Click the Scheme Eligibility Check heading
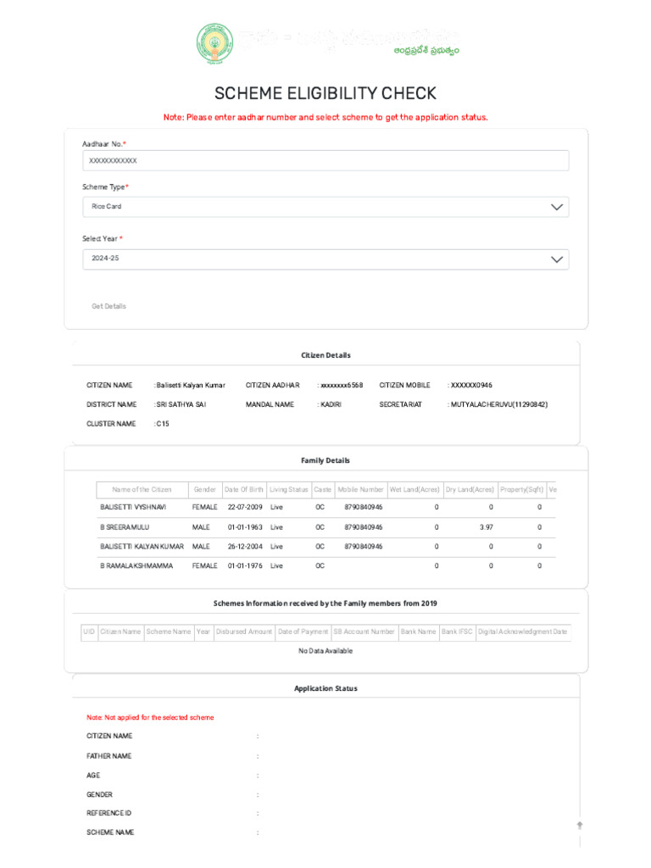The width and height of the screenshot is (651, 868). (x=325, y=94)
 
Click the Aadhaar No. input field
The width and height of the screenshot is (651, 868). (x=325, y=160)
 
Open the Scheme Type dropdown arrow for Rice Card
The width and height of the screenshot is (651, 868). (x=556, y=207)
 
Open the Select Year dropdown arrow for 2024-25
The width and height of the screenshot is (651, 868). (x=556, y=259)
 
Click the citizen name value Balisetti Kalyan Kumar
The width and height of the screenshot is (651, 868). (x=191, y=385)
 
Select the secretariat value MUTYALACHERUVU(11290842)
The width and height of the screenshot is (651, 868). (x=498, y=404)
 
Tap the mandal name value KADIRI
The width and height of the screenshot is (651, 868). (x=331, y=404)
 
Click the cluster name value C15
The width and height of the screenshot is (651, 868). (x=163, y=424)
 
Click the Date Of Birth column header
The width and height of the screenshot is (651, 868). (x=243, y=490)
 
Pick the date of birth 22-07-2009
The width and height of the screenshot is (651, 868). (x=245, y=507)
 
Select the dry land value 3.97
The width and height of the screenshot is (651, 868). (x=486, y=526)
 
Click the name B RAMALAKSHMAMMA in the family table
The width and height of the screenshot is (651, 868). (x=136, y=565)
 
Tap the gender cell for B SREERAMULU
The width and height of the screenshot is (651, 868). (x=201, y=526)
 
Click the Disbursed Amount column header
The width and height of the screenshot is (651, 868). (x=244, y=632)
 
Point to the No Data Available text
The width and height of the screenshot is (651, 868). (x=325, y=651)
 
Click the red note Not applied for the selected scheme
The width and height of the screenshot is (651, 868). (x=150, y=717)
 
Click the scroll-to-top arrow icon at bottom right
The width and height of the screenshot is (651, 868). (x=580, y=824)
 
